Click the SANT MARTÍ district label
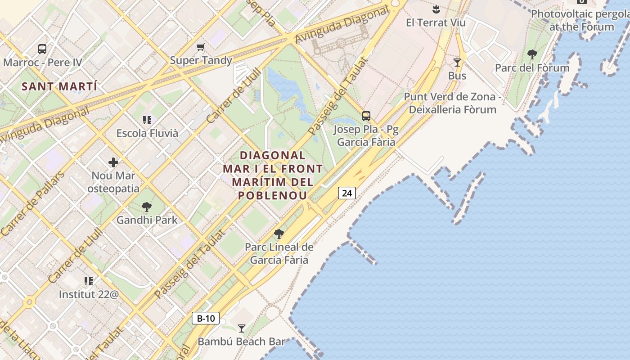click(59, 86)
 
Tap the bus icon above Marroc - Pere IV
click(42, 49)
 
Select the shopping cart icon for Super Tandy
click(201, 47)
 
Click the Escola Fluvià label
click(147, 133)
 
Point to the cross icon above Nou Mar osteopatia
click(113, 162)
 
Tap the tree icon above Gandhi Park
click(146, 207)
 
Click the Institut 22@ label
click(89, 295)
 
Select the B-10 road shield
click(206, 318)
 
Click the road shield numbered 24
click(346, 193)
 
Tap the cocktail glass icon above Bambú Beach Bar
click(242, 328)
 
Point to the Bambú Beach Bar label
click(241, 342)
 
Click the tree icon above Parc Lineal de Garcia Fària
click(279, 234)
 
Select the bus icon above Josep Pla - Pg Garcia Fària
click(366, 116)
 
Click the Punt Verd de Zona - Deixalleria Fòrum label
click(452, 103)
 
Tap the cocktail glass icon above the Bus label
click(457, 63)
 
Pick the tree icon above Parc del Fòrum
click(532, 55)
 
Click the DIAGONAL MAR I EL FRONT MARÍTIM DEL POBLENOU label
click(273, 175)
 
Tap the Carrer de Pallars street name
click(32, 204)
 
